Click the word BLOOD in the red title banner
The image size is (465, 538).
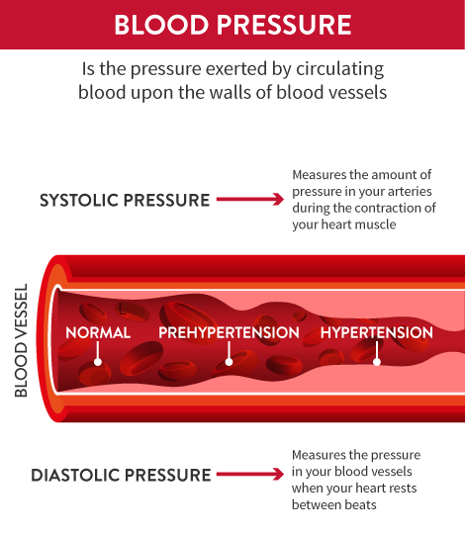[161, 25]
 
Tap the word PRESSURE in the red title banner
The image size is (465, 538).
[284, 25]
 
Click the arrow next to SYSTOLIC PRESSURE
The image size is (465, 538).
[250, 199]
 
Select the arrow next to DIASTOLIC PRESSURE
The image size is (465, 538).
[250, 474]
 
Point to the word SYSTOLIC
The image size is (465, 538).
[78, 200]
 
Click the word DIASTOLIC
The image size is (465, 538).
[74, 476]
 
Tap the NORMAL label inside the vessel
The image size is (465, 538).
[98, 332]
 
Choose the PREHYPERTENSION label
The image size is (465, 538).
[229, 332]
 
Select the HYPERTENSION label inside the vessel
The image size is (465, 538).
[377, 332]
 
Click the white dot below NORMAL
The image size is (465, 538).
[98, 362]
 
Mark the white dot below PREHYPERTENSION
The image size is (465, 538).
[229, 362]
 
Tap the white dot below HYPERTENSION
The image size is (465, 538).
[377, 362]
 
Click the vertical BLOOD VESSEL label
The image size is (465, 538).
[22, 340]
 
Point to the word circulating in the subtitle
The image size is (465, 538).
[339, 69]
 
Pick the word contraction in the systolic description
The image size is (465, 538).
[387, 208]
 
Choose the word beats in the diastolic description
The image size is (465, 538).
[360, 505]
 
